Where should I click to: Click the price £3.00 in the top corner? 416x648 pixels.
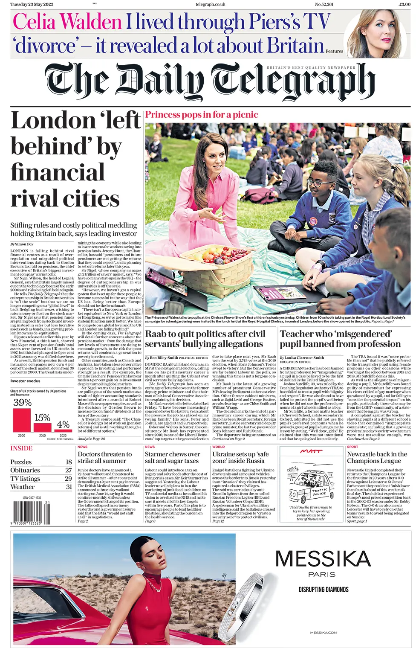coord(404,4)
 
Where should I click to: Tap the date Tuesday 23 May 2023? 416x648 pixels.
coord(32,4)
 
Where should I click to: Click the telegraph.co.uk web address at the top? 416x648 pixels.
coord(210,4)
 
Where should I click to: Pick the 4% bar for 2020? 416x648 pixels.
coord(63,430)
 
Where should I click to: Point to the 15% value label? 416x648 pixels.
coord(42,418)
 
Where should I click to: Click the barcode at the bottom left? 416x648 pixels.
coord(32,512)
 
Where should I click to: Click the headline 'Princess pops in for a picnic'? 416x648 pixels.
coord(202,115)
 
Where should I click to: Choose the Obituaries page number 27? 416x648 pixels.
coord(69,470)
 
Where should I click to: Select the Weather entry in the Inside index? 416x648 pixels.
coord(22,487)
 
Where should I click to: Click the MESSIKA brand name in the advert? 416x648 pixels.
coord(323,559)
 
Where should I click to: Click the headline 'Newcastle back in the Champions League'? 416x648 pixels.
coord(377,457)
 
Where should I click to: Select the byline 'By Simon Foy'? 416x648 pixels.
coord(22,244)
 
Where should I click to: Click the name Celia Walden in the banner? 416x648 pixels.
coord(67,22)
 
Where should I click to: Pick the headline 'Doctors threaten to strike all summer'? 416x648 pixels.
coord(105,457)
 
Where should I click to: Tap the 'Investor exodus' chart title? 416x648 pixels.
coord(25,381)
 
